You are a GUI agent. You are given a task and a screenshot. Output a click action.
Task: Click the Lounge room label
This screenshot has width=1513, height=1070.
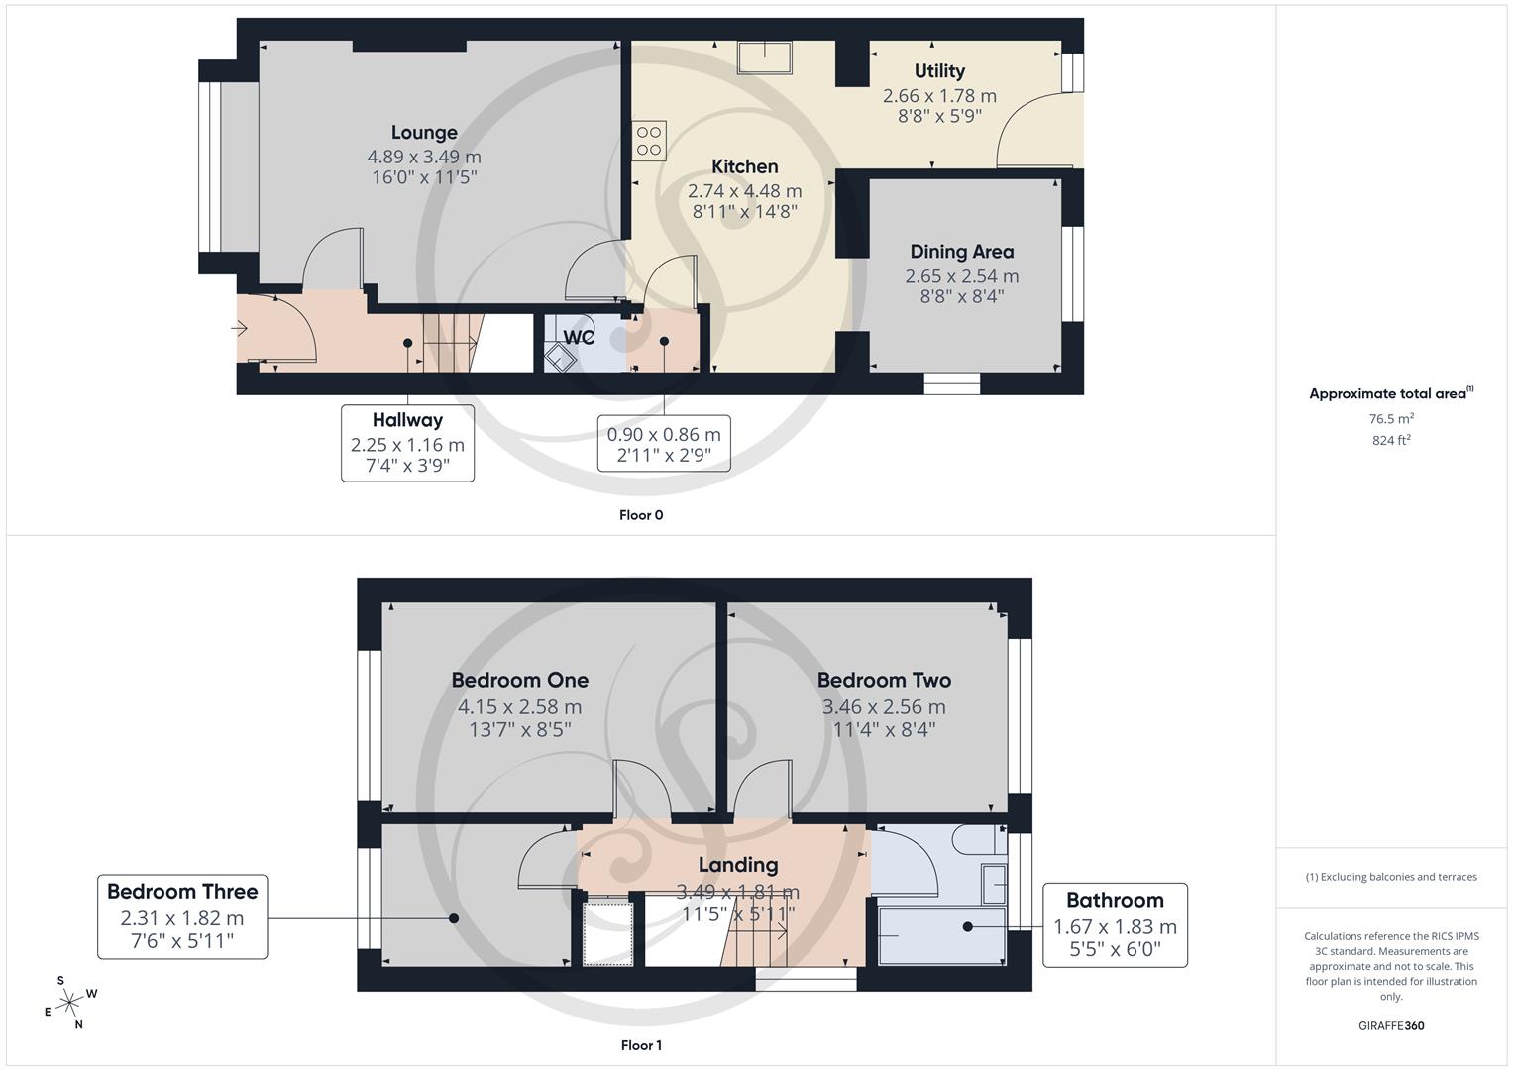[x=424, y=133]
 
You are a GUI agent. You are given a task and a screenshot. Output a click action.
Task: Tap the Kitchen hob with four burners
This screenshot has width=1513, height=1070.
[x=649, y=141]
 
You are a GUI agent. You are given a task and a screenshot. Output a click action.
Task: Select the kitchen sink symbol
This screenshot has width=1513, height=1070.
[x=764, y=57]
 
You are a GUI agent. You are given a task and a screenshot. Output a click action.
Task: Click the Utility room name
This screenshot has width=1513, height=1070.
[x=939, y=71]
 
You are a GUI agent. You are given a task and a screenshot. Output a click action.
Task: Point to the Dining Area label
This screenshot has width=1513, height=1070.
[x=961, y=252]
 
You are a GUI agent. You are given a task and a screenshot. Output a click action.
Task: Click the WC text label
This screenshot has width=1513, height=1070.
[x=579, y=337]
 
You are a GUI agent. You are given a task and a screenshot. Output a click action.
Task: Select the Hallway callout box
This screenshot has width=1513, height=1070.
[x=407, y=443]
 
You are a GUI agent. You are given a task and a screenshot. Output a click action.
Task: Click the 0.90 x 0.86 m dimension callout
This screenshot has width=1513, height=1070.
[x=664, y=444]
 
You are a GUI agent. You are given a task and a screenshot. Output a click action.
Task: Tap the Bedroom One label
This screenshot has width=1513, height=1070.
[x=519, y=681]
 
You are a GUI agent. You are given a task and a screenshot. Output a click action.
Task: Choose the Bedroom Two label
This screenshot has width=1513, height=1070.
[x=884, y=681]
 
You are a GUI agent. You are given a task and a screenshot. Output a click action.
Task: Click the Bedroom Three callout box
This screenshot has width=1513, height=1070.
[x=182, y=916]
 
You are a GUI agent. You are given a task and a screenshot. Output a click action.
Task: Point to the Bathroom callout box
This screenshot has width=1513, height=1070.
[x=1115, y=925]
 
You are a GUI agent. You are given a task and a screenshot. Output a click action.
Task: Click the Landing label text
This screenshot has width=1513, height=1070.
[x=738, y=865]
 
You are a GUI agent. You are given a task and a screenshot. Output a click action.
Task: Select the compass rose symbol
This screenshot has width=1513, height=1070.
[x=69, y=1003]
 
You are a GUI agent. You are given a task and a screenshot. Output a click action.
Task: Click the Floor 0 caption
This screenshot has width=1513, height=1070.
[x=641, y=515]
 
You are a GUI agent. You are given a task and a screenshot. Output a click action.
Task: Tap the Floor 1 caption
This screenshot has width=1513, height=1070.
[x=641, y=1045]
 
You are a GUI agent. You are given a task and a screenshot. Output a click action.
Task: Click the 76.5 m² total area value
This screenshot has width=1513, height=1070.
[x=1391, y=419]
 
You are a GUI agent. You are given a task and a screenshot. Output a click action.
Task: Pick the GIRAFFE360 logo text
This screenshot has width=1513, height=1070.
[x=1391, y=1025]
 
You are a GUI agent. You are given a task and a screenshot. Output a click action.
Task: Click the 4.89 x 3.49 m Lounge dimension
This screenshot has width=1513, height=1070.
[x=424, y=157]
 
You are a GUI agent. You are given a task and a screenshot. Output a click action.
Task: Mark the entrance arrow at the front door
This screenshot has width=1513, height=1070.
[x=241, y=328]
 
